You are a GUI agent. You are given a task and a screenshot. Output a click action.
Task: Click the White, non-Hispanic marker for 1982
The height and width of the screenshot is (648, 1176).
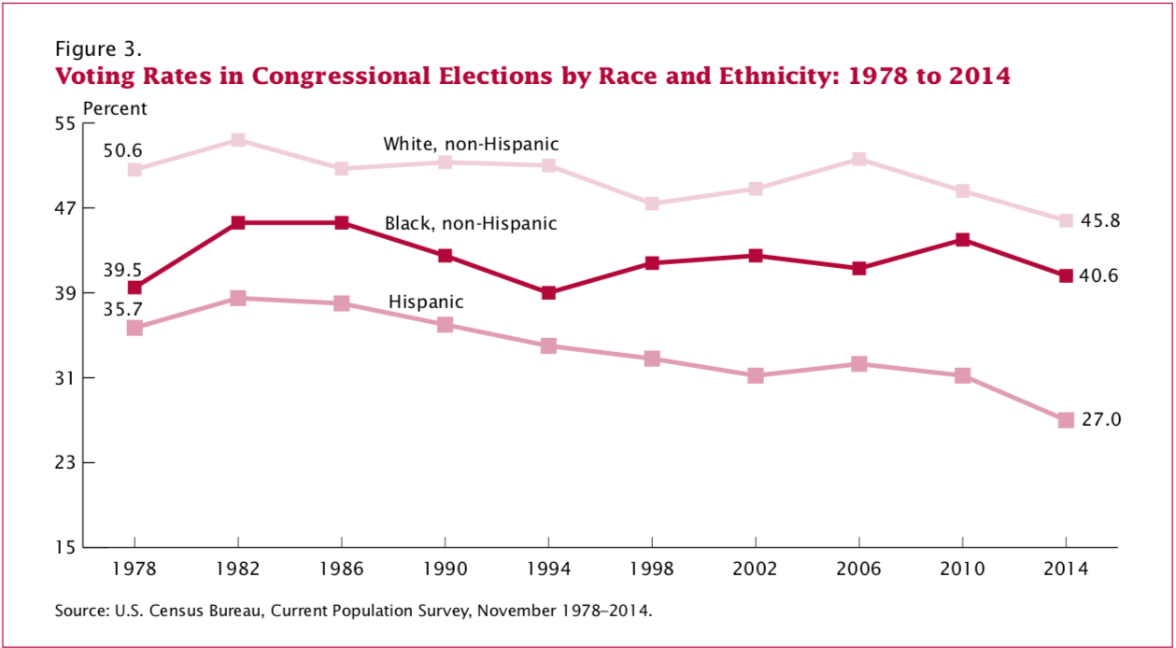[237, 140]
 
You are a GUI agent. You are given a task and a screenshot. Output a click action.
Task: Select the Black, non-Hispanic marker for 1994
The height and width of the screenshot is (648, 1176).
[548, 293]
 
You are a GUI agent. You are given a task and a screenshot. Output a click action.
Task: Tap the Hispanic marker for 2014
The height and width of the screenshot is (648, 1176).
[1066, 420]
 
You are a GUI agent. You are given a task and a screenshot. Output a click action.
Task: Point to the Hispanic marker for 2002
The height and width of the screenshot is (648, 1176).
[756, 375]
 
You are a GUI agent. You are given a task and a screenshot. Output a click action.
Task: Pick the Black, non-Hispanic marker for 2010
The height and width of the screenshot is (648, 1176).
[962, 240]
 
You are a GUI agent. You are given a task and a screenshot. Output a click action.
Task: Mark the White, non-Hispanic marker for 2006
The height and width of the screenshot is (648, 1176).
[859, 159]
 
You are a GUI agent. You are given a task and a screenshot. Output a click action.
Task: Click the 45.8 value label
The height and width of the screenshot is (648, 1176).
[1101, 221]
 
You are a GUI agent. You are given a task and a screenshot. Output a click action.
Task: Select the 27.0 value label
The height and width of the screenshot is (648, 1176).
[1101, 420]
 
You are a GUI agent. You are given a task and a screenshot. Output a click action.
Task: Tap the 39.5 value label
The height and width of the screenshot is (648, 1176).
[121, 269]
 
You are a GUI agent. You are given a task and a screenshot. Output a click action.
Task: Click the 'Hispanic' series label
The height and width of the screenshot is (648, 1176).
[426, 303]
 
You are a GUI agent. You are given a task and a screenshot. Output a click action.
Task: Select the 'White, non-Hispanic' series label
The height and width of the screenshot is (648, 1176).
[471, 145]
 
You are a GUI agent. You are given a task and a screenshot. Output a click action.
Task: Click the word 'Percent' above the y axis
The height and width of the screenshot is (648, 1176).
[115, 108]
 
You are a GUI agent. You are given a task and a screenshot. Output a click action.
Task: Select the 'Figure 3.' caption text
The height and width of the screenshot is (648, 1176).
[99, 48]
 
